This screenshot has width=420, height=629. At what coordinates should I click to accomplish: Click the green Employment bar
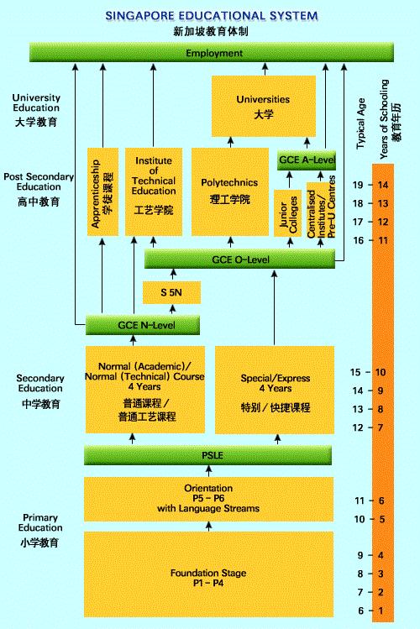click(x=212, y=53)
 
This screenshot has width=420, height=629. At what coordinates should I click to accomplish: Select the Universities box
click(x=264, y=107)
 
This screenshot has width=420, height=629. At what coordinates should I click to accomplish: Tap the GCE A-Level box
click(x=307, y=160)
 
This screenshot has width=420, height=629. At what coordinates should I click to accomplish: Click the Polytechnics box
click(x=230, y=191)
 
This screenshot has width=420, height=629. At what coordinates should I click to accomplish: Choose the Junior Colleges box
click(x=287, y=213)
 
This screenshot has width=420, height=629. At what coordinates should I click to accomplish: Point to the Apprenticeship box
click(x=102, y=191)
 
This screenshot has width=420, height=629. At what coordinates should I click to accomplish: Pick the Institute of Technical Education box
click(x=154, y=191)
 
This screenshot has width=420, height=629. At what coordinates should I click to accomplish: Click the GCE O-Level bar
click(x=239, y=259)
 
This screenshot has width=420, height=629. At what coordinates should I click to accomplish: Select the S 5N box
click(x=171, y=292)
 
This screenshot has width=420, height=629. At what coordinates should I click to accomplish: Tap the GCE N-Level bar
click(x=143, y=325)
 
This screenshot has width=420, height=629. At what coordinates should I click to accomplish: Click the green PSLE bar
click(x=207, y=455)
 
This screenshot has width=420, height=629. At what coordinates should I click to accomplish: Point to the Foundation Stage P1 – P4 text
click(x=208, y=578)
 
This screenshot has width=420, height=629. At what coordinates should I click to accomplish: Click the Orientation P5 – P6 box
click(x=208, y=499)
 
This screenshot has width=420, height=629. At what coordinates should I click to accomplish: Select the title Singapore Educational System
click(x=212, y=16)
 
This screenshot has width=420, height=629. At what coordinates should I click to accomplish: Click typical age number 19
click(x=358, y=185)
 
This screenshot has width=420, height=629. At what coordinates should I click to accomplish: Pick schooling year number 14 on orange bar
click(x=383, y=185)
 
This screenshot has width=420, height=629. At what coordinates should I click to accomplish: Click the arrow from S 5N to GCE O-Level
click(x=173, y=275)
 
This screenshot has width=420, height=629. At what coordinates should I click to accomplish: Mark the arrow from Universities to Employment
click(x=265, y=69)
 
